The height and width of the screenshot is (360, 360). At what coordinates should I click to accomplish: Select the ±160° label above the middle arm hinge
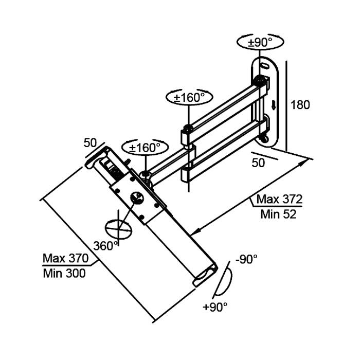[x=189, y=97]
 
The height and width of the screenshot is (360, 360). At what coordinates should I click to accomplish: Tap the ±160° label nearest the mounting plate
[x=145, y=148]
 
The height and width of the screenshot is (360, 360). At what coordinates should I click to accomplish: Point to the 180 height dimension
[x=300, y=105]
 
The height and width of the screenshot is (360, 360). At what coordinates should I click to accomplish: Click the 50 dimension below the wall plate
[x=258, y=163]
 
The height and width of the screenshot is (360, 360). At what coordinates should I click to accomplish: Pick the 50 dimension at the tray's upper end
[x=91, y=142]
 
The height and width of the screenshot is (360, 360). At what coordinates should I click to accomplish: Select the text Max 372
[x=279, y=199]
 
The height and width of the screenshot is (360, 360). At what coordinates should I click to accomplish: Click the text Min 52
[x=278, y=214]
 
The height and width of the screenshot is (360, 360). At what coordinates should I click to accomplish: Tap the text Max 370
[x=65, y=258]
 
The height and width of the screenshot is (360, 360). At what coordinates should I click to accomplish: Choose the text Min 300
[x=64, y=273]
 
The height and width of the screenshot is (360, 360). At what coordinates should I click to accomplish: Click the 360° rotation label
[x=106, y=246]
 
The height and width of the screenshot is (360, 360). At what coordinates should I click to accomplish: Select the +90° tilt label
[x=215, y=307]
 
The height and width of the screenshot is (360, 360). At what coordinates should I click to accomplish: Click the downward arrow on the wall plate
[x=274, y=105]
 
